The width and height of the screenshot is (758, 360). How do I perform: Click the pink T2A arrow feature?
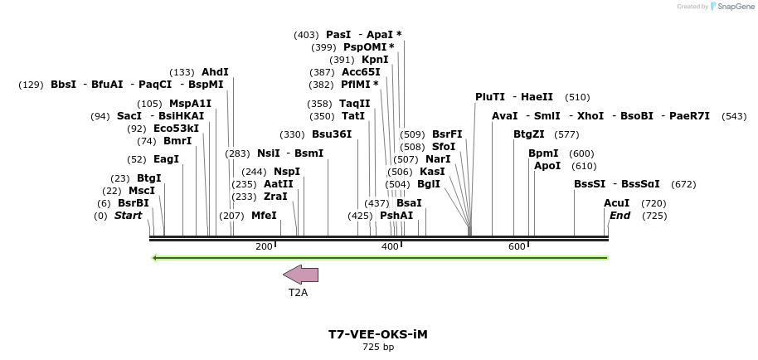[300, 275]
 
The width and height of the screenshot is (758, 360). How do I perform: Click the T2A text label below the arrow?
[299, 293]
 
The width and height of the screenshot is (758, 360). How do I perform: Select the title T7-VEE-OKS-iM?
[378, 334]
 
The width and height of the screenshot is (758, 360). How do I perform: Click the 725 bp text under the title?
[378, 348]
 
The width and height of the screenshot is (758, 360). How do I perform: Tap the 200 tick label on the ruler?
[264, 247]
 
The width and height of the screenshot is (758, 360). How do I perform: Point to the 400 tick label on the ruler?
[390, 247]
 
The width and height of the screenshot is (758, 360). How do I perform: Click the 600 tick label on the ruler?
[517, 247]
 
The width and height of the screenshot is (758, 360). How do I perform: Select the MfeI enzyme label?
[264, 216]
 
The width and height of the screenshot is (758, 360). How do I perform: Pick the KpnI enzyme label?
[374, 60]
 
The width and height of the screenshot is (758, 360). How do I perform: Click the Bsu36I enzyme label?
[332, 134]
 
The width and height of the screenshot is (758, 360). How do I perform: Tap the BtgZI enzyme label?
[529, 134]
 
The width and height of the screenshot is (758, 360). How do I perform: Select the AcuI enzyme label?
[616, 203]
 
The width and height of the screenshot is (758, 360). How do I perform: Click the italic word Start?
[128, 216]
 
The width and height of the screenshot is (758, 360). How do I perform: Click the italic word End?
[620, 216]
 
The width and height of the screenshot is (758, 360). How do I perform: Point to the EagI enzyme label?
[166, 159]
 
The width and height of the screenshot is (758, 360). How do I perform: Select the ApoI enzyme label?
[547, 166]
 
